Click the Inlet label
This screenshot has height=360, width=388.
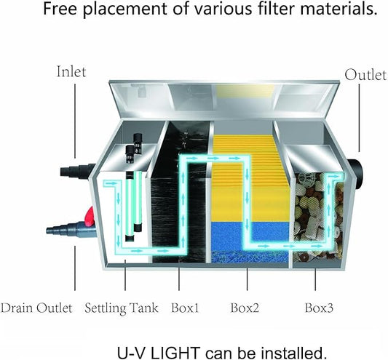71,72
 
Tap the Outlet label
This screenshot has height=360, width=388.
365,75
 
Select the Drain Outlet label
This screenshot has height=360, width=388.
36,308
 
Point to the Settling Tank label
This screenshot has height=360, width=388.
122,308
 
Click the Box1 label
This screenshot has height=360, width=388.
185,308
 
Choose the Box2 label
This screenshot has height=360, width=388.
245,308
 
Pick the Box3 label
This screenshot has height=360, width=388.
319,308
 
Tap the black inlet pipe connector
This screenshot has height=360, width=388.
77,171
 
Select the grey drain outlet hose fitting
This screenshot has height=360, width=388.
71,231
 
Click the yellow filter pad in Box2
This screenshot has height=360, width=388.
250,178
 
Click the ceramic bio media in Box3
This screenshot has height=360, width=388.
318,217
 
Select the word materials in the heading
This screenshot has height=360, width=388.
338,9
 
